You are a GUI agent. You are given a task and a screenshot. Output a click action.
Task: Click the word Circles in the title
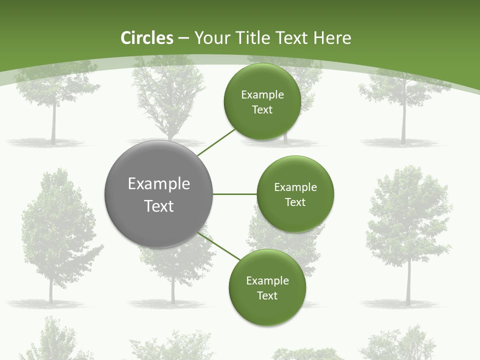pos(147,38)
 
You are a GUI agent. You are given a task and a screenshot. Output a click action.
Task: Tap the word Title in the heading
pos(254,38)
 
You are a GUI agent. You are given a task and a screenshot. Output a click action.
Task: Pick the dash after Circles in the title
pos(183,39)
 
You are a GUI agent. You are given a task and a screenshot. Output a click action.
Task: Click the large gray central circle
pos(158,194)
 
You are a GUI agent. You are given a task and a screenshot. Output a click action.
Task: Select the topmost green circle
pos(262,101)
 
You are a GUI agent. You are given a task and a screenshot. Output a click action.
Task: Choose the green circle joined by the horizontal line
pos(295,194)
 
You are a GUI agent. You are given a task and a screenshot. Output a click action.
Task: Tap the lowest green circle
pos(267,288)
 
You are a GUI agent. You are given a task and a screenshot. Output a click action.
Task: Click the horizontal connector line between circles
pos(235,194)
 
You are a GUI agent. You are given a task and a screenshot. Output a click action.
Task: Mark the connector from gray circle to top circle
pos(216,142)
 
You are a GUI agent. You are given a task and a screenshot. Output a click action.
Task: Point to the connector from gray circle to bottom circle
pos(219,246)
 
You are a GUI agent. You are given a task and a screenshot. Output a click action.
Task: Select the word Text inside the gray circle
pos(159,206)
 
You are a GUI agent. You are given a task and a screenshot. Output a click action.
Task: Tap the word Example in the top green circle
pos(262,95)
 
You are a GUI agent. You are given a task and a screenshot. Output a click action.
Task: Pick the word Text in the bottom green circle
pos(267,295)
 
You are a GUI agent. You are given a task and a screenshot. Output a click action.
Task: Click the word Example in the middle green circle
pos(295,187)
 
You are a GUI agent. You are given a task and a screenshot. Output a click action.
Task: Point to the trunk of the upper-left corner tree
pos(53,122)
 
